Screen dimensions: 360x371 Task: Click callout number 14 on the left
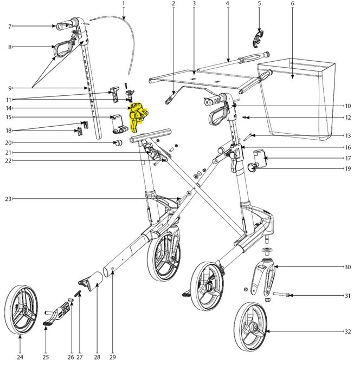click(x=9, y=108)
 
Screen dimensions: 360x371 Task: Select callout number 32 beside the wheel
click(x=348, y=331)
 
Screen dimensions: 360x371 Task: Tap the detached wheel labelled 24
click(x=21, y=309)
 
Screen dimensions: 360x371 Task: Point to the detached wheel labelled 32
click(x=251, y=327)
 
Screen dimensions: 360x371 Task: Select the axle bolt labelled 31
click(x=281, y=295)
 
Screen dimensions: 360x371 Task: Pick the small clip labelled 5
click(x=257, y=38)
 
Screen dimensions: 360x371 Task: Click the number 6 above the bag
click(x=293, y=4)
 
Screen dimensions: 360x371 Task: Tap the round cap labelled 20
click(x=118, y=142)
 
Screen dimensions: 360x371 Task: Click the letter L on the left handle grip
click(x=59, y=27)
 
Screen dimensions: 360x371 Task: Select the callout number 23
click(x=8, y=199)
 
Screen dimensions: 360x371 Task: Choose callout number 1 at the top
click(x=124, y=3)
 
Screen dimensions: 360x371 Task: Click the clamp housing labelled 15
click(x=119, y=123)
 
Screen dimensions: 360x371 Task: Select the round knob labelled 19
click(x=251, y=168)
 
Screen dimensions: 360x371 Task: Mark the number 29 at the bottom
click(x=113, y=357)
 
